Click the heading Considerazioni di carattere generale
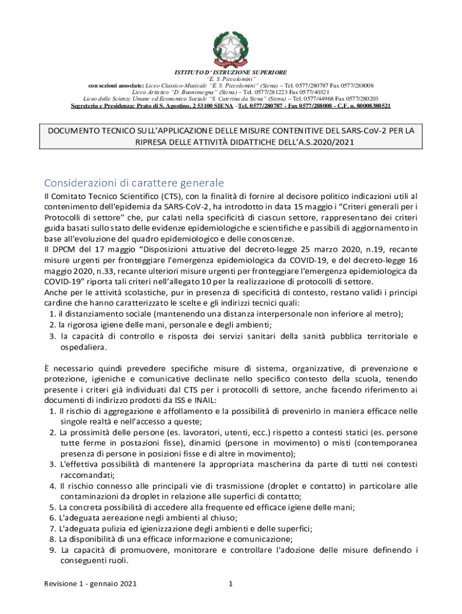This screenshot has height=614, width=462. tap(134, 182)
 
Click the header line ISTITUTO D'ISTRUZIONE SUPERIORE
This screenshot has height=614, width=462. tap(231, 72)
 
